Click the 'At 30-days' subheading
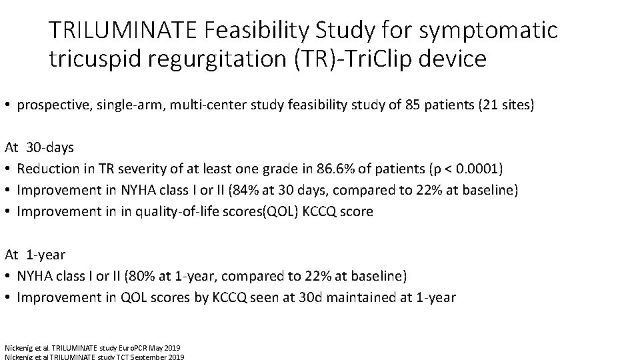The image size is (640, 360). pyautogui.click(x=40, y=146)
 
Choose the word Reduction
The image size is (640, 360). pyautogui.click(x=45, y=168)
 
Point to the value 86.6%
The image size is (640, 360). pyautogui.click(x=317, y=168)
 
